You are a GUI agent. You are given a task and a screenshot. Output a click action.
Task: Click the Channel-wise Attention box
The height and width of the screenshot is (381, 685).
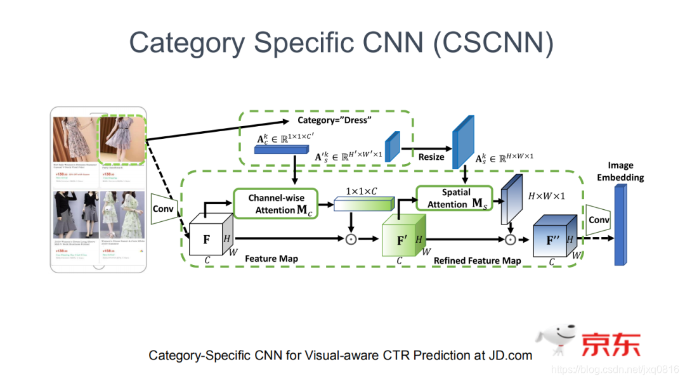click(277, 203)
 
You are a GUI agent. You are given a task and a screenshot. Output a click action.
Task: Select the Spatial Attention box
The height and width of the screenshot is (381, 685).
click(453, 198)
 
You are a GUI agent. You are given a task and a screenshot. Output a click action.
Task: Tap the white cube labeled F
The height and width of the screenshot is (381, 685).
click(207, 240)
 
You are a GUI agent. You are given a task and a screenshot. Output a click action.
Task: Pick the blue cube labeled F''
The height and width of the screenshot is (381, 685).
click(554, 240)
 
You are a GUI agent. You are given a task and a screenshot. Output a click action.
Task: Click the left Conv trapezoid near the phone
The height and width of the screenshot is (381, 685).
click(163, 209)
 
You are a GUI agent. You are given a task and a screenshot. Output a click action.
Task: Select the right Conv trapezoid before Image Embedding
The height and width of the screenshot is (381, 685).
click(598, 220)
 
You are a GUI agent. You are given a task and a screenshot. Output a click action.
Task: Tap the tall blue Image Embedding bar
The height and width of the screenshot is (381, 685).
click(620, 225)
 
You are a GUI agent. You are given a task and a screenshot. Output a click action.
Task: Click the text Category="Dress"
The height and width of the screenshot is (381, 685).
click(335, 120)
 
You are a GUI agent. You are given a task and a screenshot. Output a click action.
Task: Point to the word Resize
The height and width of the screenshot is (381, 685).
click(431, 157)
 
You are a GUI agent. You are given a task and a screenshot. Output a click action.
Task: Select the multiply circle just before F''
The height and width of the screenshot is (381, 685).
click(510, 240)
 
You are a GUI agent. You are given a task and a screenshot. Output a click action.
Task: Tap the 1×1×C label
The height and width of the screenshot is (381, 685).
click(362, 190)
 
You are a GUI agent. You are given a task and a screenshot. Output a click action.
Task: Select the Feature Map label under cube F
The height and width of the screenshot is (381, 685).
click(271, 259)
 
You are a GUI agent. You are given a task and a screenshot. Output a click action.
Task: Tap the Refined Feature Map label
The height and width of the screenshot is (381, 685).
click(477, 261)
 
